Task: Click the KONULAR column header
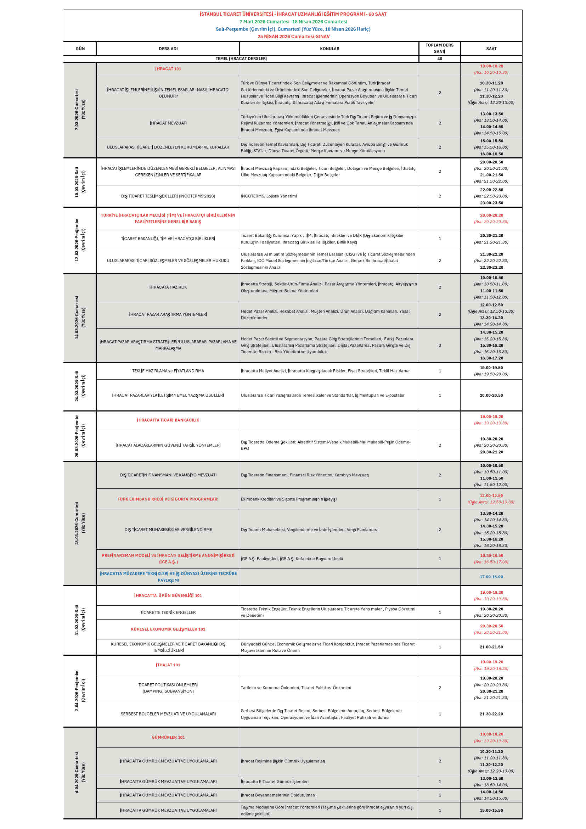[x=329, y=49]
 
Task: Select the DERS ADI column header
[x=168, y=49]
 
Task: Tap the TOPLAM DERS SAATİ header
[x=439, y=49]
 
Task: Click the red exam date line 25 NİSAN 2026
[x=293, y=37]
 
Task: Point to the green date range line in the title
[x=293, y=22]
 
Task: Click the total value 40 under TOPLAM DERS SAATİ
[x=439, y=58]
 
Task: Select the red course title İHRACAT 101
[x=168, y=69]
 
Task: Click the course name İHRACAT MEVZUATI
[x=168, y=123]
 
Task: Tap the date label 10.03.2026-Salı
[x=77, y=182]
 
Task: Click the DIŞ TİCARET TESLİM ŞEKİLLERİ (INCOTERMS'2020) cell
[x=168, y=196]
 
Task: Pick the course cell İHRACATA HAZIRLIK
[x=168, y=287]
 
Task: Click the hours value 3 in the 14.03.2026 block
[x=439, y=345]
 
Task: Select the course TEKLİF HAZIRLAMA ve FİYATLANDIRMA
[x=168, y=371]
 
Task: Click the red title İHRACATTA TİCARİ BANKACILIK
[x=168, y=420]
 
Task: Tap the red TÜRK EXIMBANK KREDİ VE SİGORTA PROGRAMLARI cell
[x=168, y=499]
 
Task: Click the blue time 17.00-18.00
[x=491, y=577]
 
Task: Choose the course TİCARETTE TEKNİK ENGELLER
[x=168, y=612]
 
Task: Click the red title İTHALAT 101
[x=168, y=665]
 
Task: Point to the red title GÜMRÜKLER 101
[x=168, y=737]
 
